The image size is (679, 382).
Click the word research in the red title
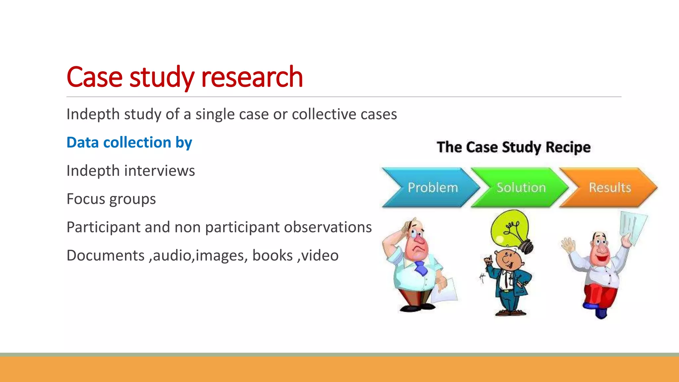tap(252, 77)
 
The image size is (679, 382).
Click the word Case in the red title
tap(94, 77)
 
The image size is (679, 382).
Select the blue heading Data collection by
tap(129, 143)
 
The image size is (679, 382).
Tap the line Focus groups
tap(111, 199)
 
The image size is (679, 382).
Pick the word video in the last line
tap(320, 256)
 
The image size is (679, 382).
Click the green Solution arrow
tap(519, 188)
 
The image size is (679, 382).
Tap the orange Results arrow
tap(608, 188)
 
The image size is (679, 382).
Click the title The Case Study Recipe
tap(514, 147)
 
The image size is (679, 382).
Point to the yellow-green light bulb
tap(509, 229)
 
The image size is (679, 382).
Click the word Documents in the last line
tap(105, 256)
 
